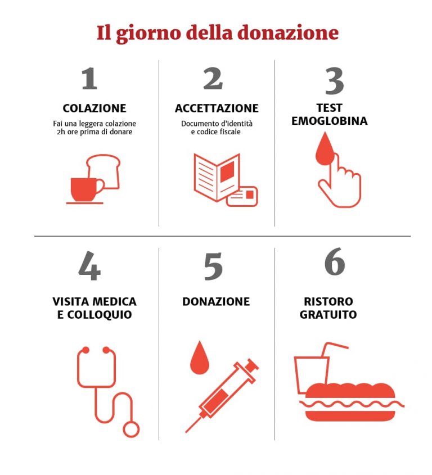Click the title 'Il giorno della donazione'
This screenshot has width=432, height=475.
click(217, 33)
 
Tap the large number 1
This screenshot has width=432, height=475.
click(89, 79)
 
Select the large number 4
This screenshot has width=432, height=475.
click(89, 266)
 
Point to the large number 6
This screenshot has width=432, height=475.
click(335, 261)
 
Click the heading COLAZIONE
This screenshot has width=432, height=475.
click(94, 108)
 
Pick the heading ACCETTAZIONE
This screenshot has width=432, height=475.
click(217, 108)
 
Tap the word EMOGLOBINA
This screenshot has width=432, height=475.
click(330, 121)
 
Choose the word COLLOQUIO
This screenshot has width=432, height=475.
click(100, 315)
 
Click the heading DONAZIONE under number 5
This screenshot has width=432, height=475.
click(216, 302)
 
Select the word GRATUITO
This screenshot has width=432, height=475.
click(328, 314)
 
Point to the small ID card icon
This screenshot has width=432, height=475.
click(242, 196)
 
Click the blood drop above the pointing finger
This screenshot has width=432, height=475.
click(325, 148)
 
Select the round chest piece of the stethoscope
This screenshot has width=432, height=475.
click(131, 429)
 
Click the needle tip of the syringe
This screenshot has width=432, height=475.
click(186, 432)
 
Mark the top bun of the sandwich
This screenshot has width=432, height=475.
click(350, 391)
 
